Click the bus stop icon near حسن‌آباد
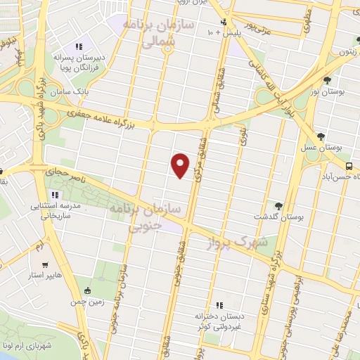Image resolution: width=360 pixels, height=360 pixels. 349,166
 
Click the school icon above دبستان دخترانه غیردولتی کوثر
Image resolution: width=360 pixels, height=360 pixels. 219,305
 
